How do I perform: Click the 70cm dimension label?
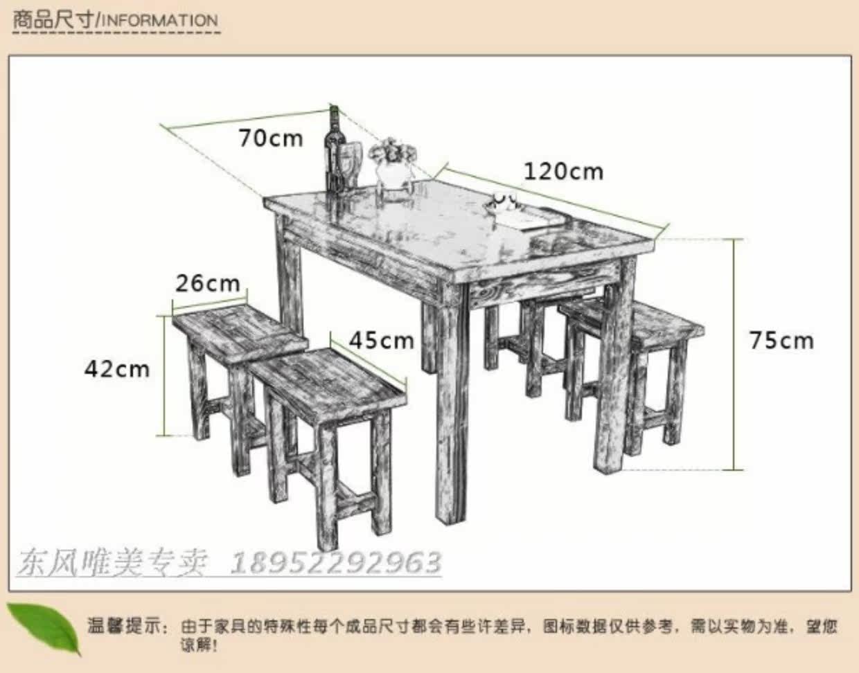[x=271, y=138]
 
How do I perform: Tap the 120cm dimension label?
[x=564, y=172]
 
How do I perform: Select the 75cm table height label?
[x=781, y=341]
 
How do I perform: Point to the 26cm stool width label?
[x=208, y=283]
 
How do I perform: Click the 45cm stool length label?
[x=382, y=340]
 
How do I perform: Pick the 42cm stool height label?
[x=117, y=369]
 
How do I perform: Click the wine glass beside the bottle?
[x=349, y=162]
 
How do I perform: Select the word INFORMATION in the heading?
[x=160, y=21]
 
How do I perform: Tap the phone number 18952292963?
[x=335, y=563]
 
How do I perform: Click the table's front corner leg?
[x=452, y=403]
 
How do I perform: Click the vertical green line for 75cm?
[x=734, y=355]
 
